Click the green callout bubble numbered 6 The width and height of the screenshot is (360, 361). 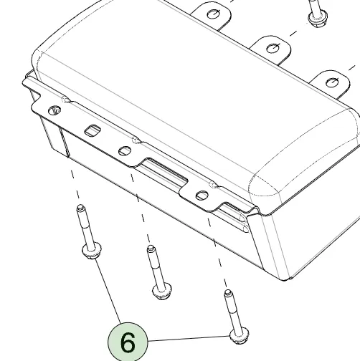pos(128,342)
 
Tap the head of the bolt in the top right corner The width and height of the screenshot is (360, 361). pos(318,18)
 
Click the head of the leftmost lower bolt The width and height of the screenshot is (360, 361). pos(92,251)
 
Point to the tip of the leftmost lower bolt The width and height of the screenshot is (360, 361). pos(80,206)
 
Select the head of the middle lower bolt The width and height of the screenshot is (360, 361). pos(162,291)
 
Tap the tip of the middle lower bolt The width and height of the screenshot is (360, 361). pos(151,248)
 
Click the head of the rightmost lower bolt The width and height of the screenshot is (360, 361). pos(239,335)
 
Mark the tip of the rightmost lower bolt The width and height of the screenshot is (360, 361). pos(227,292)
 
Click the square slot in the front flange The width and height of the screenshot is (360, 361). pos(93,130)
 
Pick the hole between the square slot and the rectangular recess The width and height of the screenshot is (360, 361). pos(125,151)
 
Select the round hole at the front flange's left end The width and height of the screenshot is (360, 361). pos(55,110)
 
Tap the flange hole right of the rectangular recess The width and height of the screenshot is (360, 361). pos(202,196)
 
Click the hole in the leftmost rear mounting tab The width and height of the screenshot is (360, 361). pos(213,14)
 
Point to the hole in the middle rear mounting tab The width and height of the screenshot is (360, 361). pos(273,48)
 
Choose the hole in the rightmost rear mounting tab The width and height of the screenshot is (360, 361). pos(332,82)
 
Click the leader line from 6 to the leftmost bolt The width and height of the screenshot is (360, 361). pos(108,291)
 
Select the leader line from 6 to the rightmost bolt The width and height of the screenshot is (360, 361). pos(189,338)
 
